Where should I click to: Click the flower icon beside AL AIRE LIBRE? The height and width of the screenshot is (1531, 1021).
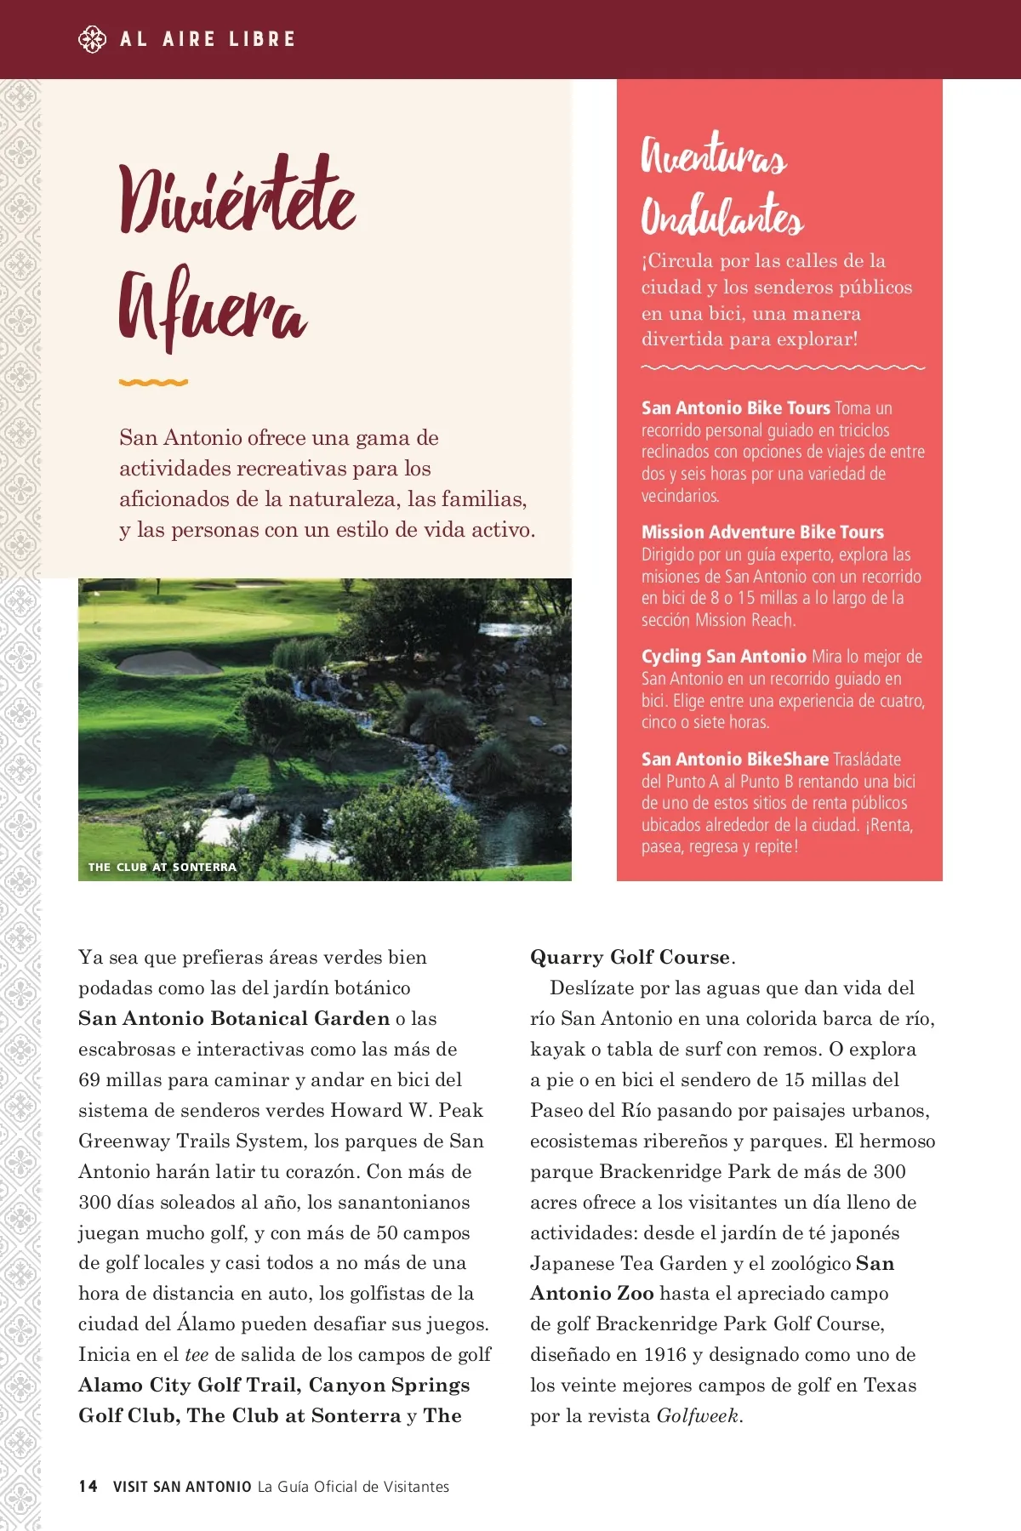92,39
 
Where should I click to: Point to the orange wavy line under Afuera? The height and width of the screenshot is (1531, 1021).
153,383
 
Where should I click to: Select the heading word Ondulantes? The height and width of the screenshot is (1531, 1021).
722,216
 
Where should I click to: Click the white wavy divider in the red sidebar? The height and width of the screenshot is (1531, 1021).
782,368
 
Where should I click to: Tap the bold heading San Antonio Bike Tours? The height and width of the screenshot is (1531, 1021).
735,408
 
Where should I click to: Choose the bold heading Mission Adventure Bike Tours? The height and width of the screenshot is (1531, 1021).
762,532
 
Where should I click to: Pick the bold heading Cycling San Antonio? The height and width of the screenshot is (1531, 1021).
723,657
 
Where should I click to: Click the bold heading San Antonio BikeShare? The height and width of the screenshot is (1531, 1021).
734,760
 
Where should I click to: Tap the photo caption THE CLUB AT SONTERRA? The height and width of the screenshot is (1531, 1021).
163,868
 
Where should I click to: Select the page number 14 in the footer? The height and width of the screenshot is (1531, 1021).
88,1486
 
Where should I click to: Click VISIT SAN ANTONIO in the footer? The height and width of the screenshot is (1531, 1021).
182,1487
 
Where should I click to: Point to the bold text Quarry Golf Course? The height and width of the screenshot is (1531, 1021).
630,958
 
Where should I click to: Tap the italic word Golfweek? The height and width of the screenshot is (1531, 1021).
697,1416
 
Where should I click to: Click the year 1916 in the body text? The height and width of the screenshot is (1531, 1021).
665,1355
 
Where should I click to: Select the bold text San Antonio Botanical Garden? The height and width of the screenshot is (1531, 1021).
233,1019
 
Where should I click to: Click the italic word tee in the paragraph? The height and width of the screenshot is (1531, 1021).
197,1355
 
